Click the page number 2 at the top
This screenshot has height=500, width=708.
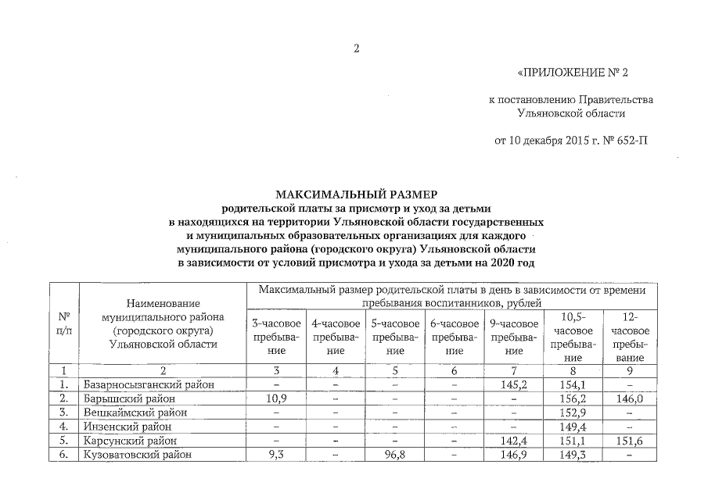point(355,49)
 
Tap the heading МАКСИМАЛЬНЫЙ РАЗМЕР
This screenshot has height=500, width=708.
point(356,194)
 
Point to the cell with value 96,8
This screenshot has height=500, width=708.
point(394,454)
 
